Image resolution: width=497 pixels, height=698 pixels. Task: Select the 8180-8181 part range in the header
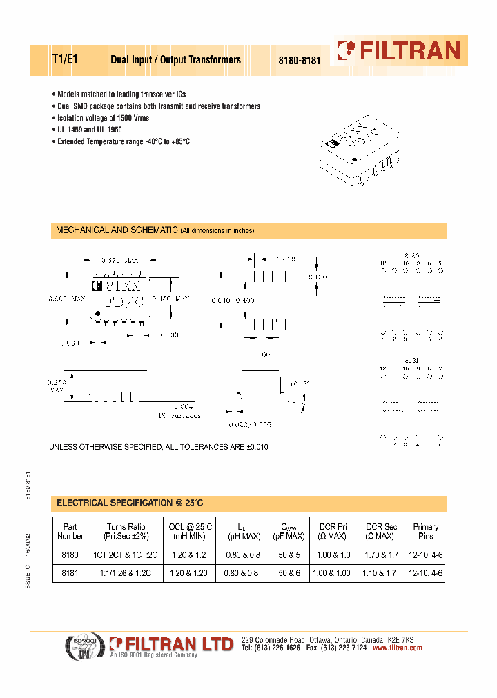click(x=300, y=61)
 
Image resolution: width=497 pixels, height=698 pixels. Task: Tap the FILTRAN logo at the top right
click(x=398, y=50)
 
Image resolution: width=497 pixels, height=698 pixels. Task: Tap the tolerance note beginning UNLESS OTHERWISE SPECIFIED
click(x=158, y=447)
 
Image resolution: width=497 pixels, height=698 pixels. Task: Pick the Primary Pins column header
click(x=425, y=531)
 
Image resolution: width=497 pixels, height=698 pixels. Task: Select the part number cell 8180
click(x=70, y=554)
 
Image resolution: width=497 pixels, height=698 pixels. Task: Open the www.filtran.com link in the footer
click(x=397, y=648)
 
